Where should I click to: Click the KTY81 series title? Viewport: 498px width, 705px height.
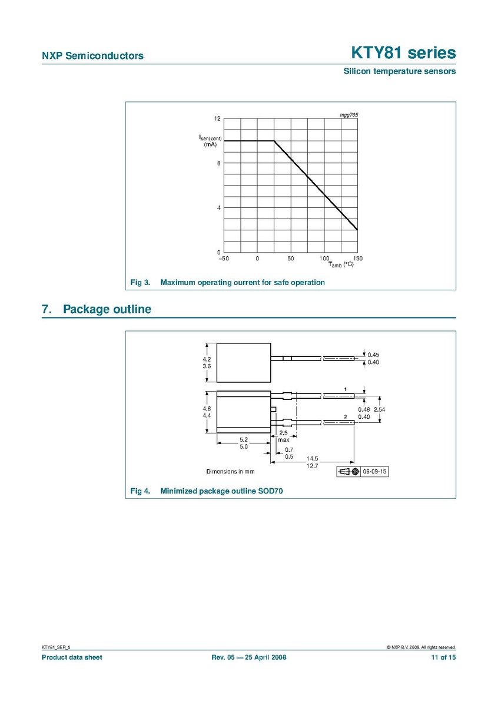pos(403,53)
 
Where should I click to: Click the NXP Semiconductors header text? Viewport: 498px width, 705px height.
pos(92,56)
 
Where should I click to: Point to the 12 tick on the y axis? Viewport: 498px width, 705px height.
pos(217,119)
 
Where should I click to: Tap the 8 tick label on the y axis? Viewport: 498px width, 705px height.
pos(218,164)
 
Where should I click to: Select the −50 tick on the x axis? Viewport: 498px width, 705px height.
pos(224,259)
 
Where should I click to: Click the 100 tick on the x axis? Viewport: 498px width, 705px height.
pos(324,259)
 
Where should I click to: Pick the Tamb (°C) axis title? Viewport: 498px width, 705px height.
pos(341,265)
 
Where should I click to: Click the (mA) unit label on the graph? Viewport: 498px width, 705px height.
pos(210,144)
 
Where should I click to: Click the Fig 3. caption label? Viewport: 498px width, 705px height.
pos(141,283)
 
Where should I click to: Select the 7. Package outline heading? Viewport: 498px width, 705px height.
pos(97,309)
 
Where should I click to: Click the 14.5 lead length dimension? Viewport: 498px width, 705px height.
pos(311,458)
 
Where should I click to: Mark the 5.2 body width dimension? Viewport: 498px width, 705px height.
pos(243,439)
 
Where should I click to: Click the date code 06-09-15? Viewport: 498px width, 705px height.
pos(376,472)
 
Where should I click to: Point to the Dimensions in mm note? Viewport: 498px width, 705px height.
pos(230,472)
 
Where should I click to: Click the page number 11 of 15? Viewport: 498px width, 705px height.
pos(443,657)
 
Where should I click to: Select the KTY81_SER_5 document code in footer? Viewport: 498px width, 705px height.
pos(59,647)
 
